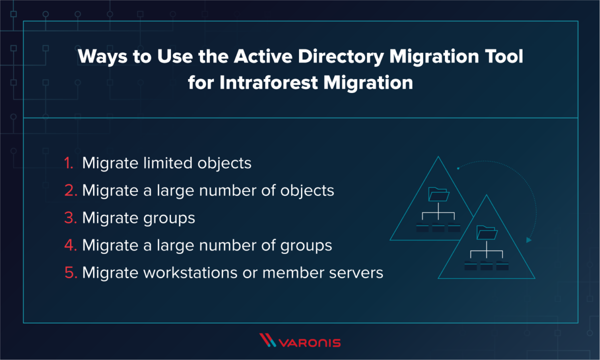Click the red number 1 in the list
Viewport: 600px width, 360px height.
click(x=69, y=163)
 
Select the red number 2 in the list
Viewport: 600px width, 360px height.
click(x=69, y=191)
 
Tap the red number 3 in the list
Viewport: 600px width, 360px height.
click(x=69, y=218)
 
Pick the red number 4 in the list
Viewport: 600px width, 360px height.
click(x=69, y=246)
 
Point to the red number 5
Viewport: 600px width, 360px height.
click(x=69, y=273)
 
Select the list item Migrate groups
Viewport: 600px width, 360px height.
click(x=138, y=218)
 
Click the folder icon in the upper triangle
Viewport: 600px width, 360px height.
click(x=438, y=194)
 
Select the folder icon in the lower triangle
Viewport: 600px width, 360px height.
click(x=486, y=232)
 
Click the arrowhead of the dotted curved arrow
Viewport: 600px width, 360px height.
click(x=528, y=240)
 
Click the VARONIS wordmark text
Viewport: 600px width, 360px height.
click(x=310, y=342)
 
